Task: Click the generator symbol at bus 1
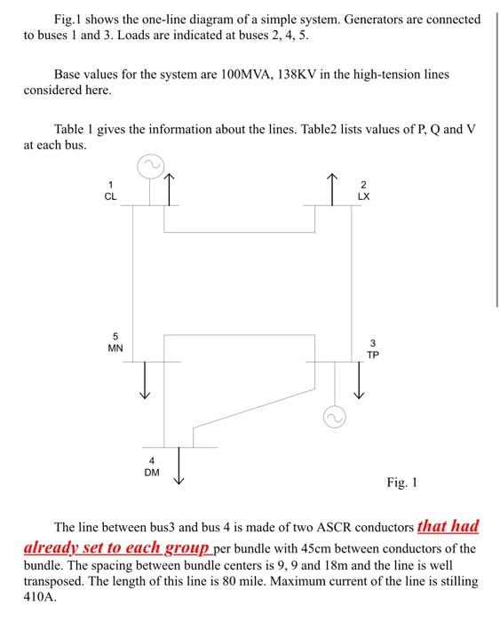[x=149, y=165]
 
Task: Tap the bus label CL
[x=110, y=196]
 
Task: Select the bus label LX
[x=363, y=196]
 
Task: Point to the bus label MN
[x=115, y=348]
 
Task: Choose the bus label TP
[x=373, y=354]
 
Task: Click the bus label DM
[x=152, y=473]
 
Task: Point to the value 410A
[x=40, y=597]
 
